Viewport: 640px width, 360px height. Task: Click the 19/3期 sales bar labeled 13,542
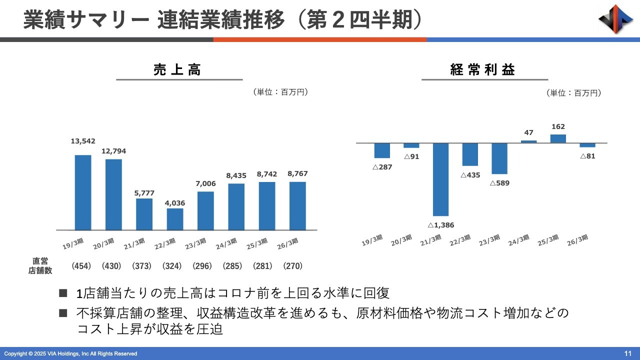pos(83,192)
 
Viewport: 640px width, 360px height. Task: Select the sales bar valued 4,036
pos(175,219)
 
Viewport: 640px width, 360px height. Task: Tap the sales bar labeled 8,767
pos(297,205)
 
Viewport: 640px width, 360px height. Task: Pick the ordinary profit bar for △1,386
pos(440,179)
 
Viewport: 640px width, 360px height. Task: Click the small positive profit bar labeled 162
pos(558,138)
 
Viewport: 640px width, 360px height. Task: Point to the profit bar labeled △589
pos(499,158)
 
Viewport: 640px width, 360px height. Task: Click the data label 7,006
pos(205,184)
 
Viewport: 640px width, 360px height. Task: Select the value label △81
pos(587,156)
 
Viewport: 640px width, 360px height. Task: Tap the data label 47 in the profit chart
pos(528,132)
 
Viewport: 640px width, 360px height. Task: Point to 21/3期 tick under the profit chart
pos(430,240)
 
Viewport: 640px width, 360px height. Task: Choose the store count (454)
pos(81,266)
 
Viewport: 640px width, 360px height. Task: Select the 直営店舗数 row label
pos(40,265)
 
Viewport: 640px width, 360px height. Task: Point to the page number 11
pos(628,353)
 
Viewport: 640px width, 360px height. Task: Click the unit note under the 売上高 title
pos(280,92)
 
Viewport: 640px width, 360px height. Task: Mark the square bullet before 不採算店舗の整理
pos(63,313)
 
